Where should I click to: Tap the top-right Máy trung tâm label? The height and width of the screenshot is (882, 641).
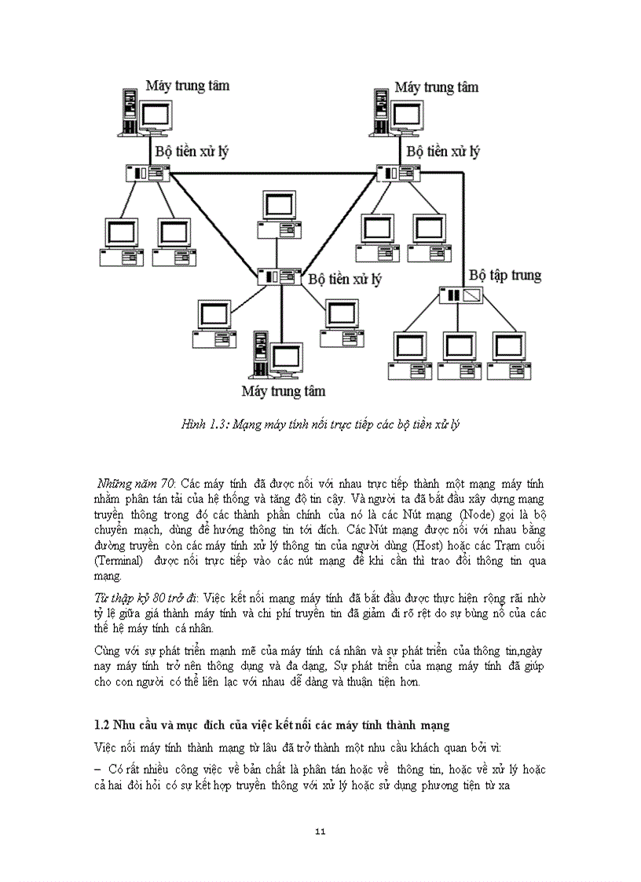[436, 87]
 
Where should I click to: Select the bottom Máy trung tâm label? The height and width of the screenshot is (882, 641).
[283, 390]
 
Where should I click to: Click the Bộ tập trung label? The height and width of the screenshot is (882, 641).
[505, 276]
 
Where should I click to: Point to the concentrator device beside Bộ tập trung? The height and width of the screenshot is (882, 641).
[461, 295]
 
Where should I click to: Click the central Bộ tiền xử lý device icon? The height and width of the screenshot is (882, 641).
[280, 276]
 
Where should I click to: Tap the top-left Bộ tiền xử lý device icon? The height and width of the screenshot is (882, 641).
[147, 172]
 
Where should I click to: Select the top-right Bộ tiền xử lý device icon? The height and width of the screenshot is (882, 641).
[398, 172]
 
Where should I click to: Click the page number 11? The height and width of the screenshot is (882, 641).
[320, 833]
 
